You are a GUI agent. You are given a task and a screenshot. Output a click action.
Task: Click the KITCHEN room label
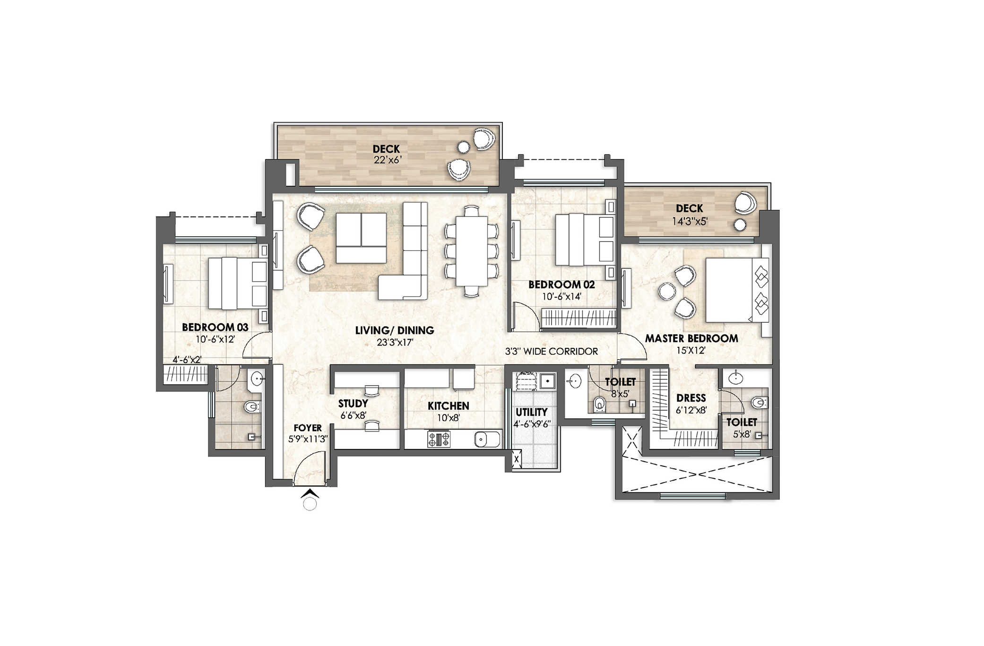(x=448, y=406)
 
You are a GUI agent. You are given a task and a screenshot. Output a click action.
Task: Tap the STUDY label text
(x=353, y=404)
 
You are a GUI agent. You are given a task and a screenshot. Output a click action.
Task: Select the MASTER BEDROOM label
(x=691, y=338)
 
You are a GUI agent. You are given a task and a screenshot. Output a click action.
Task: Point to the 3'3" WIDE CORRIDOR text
(x=551, y=351)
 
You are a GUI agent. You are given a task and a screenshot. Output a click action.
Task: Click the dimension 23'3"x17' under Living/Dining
(x=395, y=342)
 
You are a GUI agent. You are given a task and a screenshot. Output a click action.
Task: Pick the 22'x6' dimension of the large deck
(x=387, y=160)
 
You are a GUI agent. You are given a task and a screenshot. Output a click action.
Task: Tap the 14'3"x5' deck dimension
(x=690, y=221)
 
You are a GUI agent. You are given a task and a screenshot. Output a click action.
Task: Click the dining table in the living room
(x=472, y=251)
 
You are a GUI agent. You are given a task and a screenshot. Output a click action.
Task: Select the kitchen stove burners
(x=439, y=439)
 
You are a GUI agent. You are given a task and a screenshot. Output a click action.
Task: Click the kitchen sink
(x=487, y=439)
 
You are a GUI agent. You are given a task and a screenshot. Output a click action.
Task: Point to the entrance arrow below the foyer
(x=310, y=494)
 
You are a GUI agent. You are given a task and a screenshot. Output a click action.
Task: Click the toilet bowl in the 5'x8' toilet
(x=759, y=403)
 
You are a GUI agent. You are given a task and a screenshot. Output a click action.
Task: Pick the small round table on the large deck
(x=463, y=148)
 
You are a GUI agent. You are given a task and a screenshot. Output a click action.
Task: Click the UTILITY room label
(x=532, y=412)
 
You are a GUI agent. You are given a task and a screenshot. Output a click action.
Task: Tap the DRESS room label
(x=691, y=398)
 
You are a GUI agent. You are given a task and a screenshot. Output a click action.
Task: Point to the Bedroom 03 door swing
(x=257, y=345)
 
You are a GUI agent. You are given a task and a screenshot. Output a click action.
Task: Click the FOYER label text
(x=308, y=428)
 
